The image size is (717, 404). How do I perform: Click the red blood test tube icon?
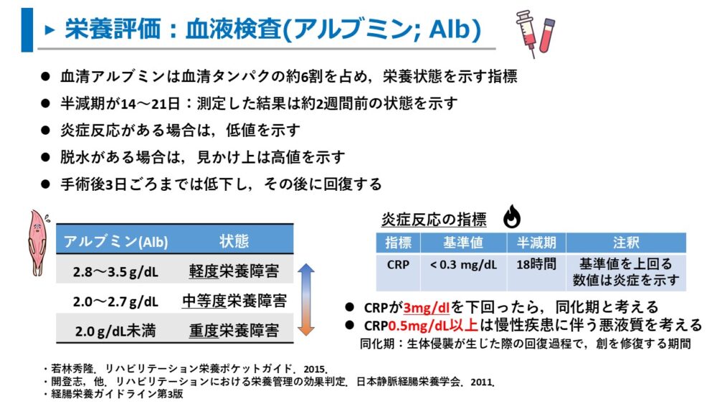(x=549, y=36)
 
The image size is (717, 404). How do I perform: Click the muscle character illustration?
(x=36, y=244)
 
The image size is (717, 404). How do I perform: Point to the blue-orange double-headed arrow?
(x=306, y=300)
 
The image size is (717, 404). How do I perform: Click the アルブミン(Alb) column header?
(x=115, y=240)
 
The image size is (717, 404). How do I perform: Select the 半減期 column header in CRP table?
(x=536, y=243)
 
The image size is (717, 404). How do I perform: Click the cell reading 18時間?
(x=536, y=264)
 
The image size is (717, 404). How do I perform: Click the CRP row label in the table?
(x=398, y=264)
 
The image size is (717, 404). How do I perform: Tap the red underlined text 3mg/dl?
(x=427, y=308)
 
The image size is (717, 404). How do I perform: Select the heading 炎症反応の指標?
(x=433, y=219)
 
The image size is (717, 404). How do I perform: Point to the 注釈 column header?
(x=625, y=243)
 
